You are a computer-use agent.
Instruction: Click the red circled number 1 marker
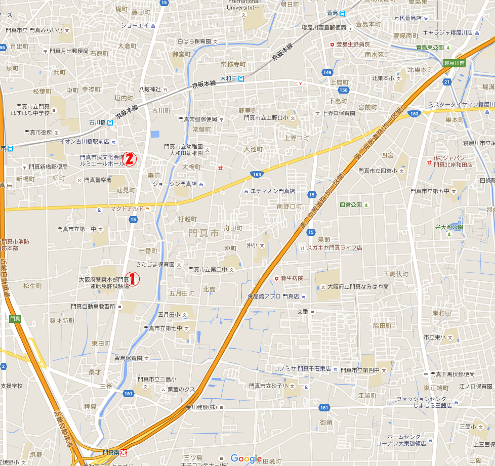point(132,279)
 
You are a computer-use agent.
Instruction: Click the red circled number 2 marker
point(130,159)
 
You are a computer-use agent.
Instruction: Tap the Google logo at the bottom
point(246,458)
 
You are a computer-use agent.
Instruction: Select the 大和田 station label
point(229,78)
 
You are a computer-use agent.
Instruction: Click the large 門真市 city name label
point(203,233)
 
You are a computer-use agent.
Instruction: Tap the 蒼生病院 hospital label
point(292,278)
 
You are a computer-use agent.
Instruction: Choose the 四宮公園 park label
point(350,205)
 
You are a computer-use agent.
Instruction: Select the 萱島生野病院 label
point(353,45)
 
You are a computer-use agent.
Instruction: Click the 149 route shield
point(327,72)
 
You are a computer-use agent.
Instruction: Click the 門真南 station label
point(110,452)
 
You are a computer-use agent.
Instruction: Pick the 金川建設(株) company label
point(201,407)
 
